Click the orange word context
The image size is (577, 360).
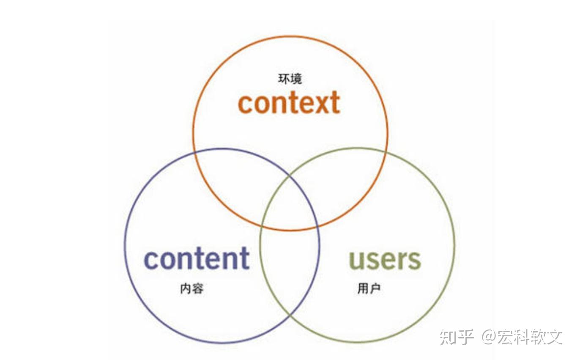tap(289, 102)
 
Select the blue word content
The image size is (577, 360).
tap(197, 258)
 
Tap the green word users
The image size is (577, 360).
tap(385, 258)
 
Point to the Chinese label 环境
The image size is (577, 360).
tap(290, 79)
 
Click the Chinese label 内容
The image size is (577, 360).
tap(192, 289)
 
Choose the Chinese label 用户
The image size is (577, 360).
tap(369, 289)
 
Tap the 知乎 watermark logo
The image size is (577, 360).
tap(457, 337)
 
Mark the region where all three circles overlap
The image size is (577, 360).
tap(290, 203)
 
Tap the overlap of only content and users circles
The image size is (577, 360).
tap(290, 271)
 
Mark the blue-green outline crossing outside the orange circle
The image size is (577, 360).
tap(290, 316)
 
